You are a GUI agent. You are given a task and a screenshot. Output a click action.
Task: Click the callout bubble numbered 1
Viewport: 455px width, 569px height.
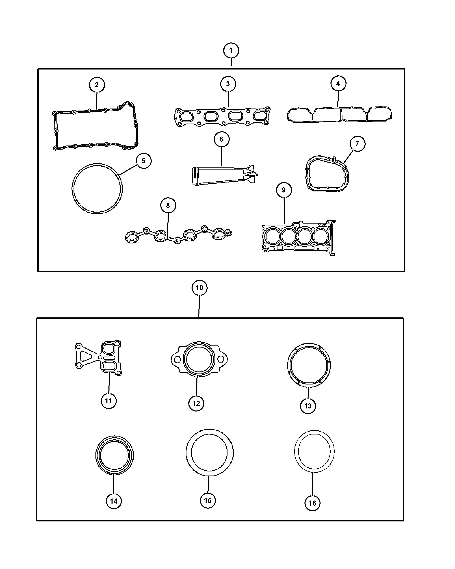231,50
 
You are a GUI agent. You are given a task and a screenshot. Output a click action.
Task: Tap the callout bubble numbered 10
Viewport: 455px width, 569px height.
199,288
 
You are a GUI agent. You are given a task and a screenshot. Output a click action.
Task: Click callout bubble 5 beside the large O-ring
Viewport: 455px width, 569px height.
143,161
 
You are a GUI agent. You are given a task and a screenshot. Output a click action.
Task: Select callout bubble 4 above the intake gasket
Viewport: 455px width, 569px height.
338,83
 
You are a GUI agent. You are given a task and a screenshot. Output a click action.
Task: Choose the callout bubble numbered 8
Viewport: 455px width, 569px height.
168,205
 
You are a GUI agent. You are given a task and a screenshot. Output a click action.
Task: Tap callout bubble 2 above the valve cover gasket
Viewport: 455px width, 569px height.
97,85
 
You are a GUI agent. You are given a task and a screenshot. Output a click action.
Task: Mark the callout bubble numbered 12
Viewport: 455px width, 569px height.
196,403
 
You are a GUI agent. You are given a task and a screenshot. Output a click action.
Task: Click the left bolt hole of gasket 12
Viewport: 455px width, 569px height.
178,359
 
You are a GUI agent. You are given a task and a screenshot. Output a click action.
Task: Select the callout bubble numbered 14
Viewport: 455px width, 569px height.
114,501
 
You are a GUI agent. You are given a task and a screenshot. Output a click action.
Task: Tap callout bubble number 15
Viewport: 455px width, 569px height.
208,500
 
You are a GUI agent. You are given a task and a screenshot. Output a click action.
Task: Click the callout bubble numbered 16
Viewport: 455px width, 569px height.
312,503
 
